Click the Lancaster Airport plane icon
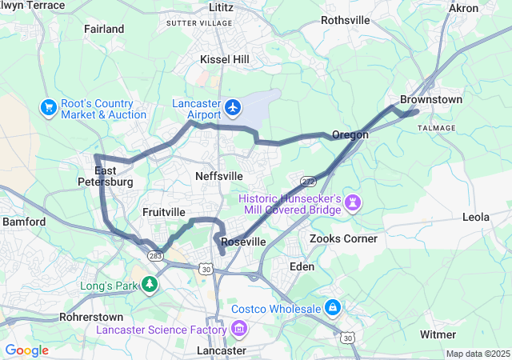click(x=233, y=106)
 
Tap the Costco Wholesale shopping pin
click(x=332, y=308)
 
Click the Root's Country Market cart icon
click(x=48, y=106)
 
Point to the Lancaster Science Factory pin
click(x=238, y=329)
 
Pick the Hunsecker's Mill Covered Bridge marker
click(x=352, y=203)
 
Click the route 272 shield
click(x=308, y=174)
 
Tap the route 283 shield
click(x=155, y=256)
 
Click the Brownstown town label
click(x=431, y=99)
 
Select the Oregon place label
click(x=350, y=134)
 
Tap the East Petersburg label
click(x=113, y=176)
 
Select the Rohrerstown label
click(x=90, y=317)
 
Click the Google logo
click(x=26, y=350)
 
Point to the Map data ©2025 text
click(x=477, y=354)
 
